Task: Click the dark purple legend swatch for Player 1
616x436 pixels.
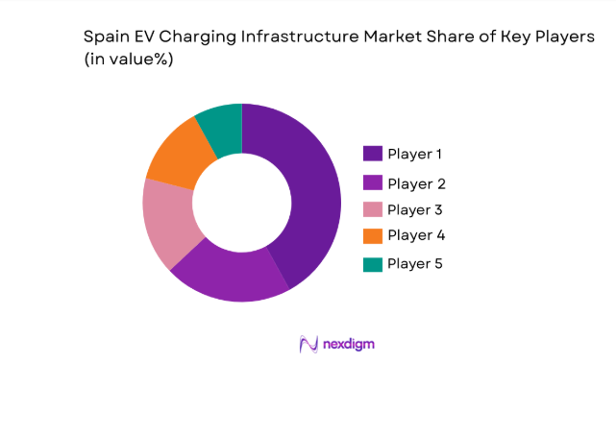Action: [x=373, y=154]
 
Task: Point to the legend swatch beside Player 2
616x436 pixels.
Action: [x=373, y=183]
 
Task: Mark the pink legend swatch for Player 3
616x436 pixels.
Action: [x=373, y=209]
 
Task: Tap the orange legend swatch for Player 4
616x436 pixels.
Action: [x=373, y=235]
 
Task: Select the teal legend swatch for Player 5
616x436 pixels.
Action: [x=373, y=263]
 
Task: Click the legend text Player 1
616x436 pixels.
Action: [x=415, y=154]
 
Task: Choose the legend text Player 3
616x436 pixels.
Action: [x=415, y=209]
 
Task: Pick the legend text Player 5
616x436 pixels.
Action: [x=415, y=263]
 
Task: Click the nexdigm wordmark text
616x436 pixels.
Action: [x=348, y=344]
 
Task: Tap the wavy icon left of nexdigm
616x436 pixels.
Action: [x=308, y=344]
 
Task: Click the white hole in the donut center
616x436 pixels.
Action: [x=241, y=203]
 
